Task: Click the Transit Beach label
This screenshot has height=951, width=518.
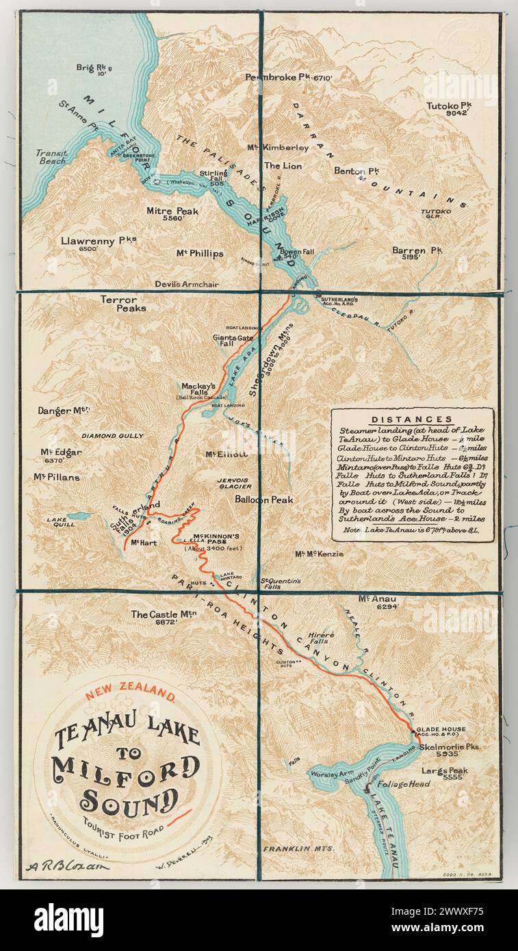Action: tap(51, 157)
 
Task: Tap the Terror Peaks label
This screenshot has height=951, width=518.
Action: tap(118, 303)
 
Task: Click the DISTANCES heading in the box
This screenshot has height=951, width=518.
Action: tap(411, 419)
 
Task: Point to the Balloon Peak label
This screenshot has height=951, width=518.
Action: tap(263, 499)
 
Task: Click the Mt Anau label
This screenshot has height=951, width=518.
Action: tap(377, 602)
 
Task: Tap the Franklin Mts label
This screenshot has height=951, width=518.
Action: tap(298, 848)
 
